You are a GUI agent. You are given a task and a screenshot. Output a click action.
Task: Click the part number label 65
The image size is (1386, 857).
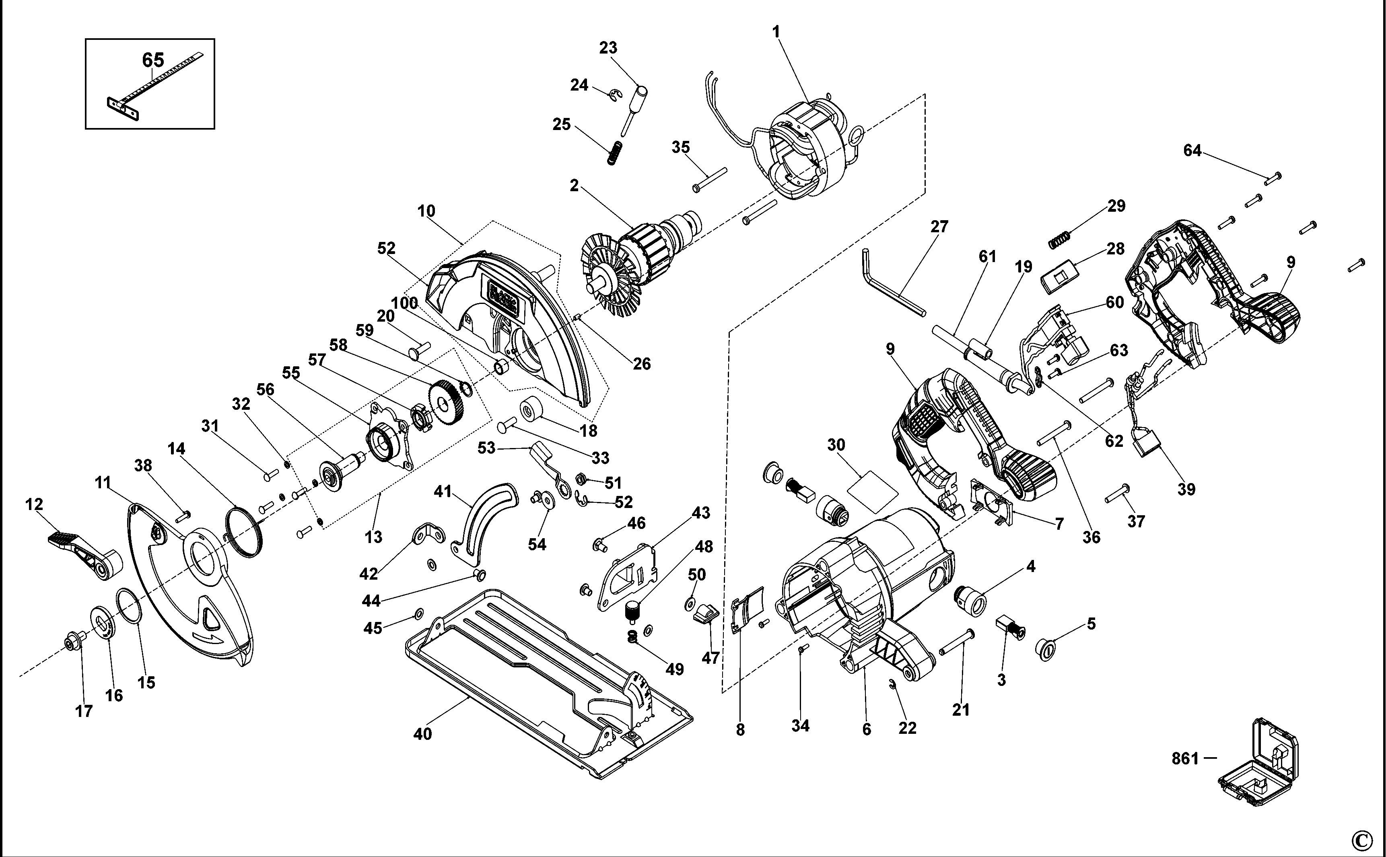[x=153, y=60]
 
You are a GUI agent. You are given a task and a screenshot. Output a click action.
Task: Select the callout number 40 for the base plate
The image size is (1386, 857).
[x=422, y=734]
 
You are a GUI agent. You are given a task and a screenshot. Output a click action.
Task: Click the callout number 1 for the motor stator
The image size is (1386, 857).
[x=776, y=32]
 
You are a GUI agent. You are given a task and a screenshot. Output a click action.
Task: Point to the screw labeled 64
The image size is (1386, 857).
[x=1273, y=179]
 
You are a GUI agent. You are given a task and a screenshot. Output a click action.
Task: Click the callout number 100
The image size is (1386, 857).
[x=404, y=303]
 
